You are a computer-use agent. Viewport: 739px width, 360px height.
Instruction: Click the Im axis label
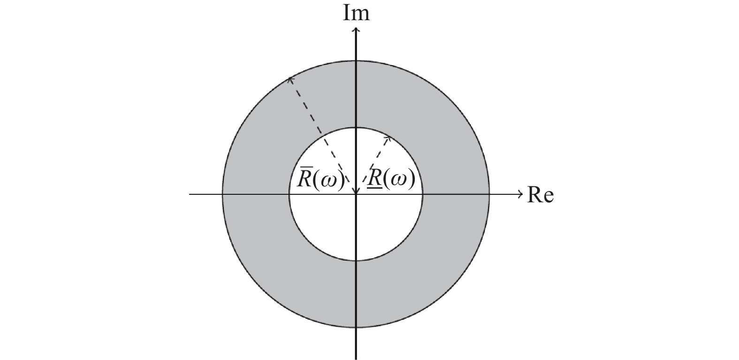[356, 14]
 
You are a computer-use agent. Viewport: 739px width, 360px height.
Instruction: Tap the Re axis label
[541, 195]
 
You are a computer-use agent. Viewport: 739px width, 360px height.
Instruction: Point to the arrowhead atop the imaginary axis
[356, 31]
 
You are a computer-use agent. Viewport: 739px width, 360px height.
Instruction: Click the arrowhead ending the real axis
[520, 194]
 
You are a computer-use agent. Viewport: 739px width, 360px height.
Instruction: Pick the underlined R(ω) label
[391, 179]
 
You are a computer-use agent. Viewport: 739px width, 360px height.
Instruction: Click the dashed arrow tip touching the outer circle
[290, 79]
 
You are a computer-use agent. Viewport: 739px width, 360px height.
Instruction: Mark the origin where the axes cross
[356, 194]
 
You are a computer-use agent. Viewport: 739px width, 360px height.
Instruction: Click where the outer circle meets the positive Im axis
[356, 61]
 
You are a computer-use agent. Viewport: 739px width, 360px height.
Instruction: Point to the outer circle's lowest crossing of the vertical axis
[356, 328]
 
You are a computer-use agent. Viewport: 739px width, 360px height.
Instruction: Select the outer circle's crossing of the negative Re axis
[222, 194]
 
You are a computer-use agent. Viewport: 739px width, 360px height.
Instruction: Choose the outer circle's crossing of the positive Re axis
[489, 194]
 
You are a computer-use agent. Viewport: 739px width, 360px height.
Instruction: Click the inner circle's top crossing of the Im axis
[356, 127]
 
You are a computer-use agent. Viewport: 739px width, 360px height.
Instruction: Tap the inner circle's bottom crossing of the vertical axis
[356, 260]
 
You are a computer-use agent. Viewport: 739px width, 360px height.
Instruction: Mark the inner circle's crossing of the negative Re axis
[289, 194]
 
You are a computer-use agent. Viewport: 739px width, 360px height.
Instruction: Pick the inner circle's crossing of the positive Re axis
[422, 194]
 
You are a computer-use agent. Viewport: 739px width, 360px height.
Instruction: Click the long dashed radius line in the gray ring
[319, 130]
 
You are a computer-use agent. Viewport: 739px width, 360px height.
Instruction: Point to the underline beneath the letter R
[375, 189]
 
